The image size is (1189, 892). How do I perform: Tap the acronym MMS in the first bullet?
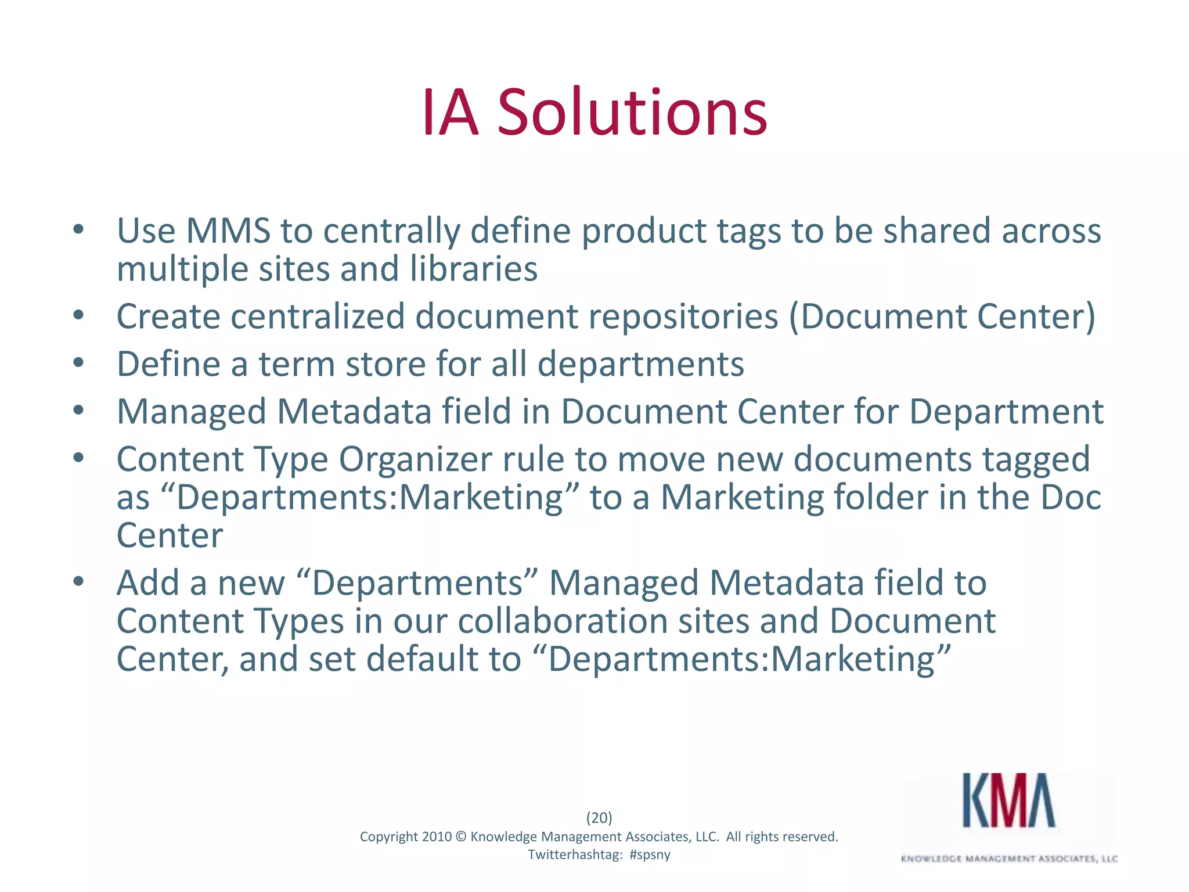228,231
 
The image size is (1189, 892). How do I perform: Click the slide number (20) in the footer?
599,818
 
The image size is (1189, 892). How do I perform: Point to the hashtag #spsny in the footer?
650,855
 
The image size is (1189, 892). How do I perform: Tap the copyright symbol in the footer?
461,837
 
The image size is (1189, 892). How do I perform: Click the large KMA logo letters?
1008,801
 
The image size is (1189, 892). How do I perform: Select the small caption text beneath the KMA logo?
1009,858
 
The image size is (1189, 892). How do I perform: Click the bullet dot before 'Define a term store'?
79,364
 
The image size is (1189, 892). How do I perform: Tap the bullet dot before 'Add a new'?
79,581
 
